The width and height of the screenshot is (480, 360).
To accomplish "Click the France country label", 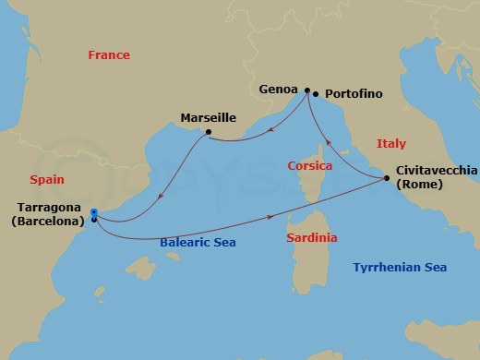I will (109, 55).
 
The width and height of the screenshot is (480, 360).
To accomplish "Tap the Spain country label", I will (46, 180).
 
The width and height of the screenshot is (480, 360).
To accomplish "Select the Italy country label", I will (391, 142).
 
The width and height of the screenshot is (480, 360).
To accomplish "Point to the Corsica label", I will (310, 166).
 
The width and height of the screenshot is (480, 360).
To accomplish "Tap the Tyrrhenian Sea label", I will (401, 268).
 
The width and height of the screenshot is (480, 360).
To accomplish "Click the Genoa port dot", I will (307, 90).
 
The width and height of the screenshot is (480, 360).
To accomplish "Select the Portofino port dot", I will (317, 94).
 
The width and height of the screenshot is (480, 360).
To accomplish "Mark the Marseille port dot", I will (209, 132).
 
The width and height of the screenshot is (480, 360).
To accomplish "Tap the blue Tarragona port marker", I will (94, 213).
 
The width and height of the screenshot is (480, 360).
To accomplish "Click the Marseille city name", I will (208, 117).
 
